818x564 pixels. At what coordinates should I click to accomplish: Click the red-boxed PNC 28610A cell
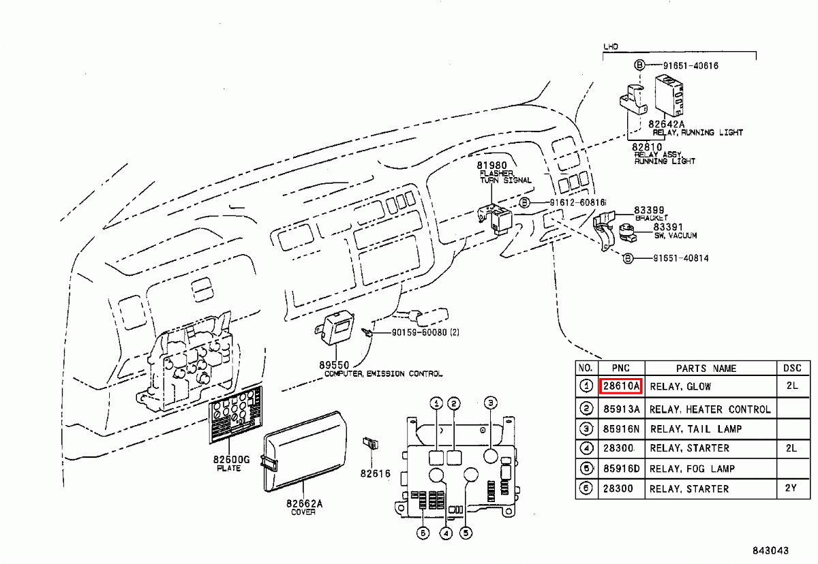click(x=620, y=386)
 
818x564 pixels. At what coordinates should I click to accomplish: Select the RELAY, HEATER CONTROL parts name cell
click(x=710, y=409)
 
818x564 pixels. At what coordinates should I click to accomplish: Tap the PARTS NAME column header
click(x=706, y=369)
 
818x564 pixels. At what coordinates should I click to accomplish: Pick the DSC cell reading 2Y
click(x=791, y=488)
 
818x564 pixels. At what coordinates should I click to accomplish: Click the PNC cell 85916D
click(x=620, y=469)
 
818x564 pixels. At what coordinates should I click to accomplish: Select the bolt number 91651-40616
click(x=690, y=65)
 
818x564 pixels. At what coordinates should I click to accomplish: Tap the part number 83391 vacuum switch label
click(x=667, y=227)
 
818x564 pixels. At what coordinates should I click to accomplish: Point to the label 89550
click(x=332, y=365)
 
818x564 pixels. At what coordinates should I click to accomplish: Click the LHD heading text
click(x=611, y=47)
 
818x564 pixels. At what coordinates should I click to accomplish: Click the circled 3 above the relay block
click(x=490, y=403)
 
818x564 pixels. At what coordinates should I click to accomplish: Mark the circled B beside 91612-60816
click(x=525, y=203)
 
